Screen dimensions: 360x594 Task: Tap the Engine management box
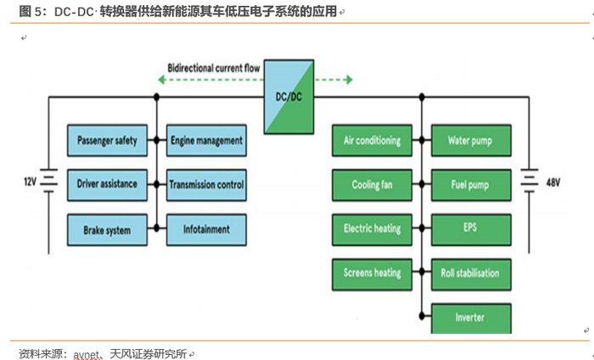click(x=206, y=140)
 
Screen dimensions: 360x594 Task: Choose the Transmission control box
click(x=206, y=184)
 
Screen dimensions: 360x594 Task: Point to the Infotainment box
click(x=206, y=229)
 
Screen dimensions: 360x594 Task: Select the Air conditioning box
click(x=372, y=140)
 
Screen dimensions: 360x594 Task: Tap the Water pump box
click(x=470, y=140)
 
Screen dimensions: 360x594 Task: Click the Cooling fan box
click(x=372, y=184)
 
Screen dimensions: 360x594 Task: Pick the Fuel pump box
click(x=470, y=184)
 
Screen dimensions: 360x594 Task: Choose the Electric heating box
click(x=372, y=229)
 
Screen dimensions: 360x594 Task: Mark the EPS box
click(x=470, y=229)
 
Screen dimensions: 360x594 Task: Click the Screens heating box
click(x=372, y=273)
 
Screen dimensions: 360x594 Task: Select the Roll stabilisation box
click(x=470, y=273)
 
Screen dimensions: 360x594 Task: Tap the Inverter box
click(x=470, y=317)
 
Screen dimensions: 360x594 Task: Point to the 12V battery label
click(x=31, y=182)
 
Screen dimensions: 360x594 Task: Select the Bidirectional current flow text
click(x=214, y=65)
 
